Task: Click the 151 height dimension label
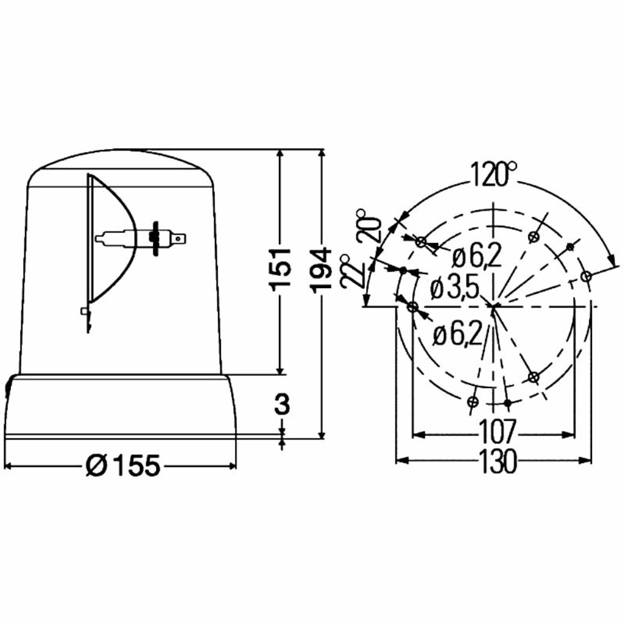pos(280,269)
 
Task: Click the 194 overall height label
pos(322,270)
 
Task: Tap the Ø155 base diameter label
pos(123,465)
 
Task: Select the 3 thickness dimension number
pos(282,404)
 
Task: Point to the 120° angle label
pos(493,174)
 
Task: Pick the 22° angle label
pos(353,270)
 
